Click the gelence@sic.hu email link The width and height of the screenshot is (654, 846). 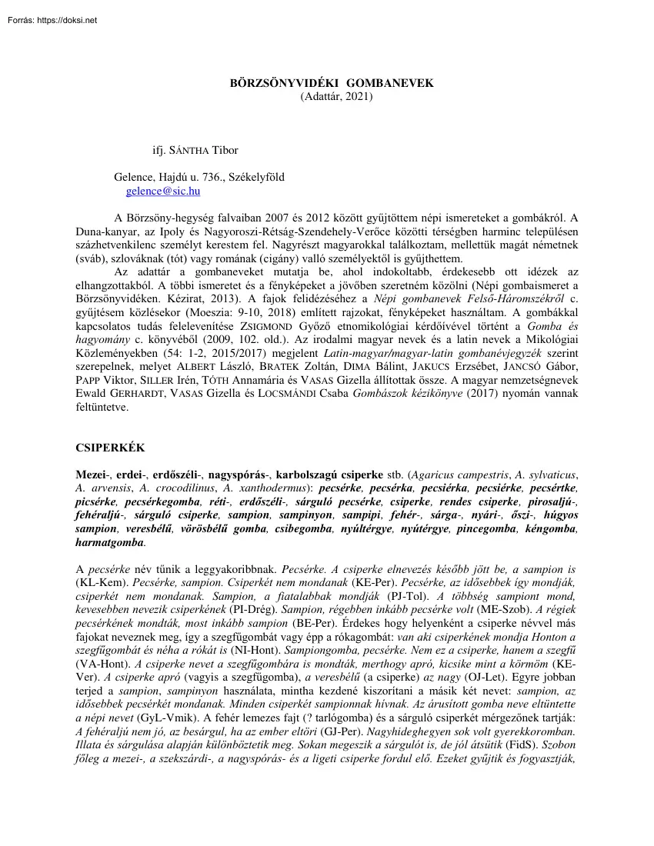click(x=163, y=192)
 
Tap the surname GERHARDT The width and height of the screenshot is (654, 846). click(x=135, y=395)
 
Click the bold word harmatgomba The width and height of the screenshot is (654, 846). click(x=110, y=542)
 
